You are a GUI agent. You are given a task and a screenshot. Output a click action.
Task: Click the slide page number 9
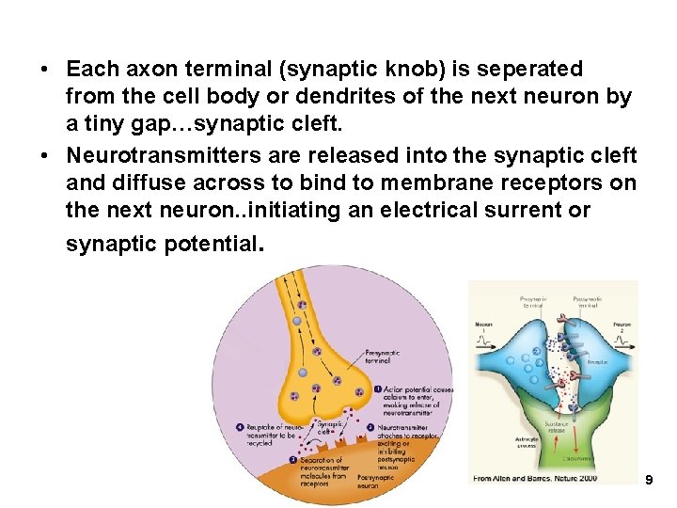[648, 481]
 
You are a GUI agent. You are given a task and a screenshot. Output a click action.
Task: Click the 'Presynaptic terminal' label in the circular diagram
[382, 357]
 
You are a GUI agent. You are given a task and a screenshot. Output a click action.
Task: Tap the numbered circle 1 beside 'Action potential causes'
[377, 389]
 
